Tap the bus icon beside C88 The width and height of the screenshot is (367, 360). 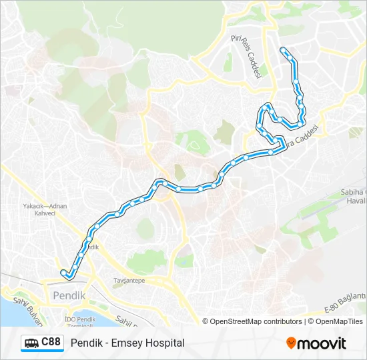click(x=32, y=343)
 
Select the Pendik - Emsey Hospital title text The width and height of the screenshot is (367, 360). click(x=127, y=343)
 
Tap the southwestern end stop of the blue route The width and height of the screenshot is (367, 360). click(x=63, y=272)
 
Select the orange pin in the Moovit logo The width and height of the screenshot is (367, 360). click(x=291, y=343)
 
